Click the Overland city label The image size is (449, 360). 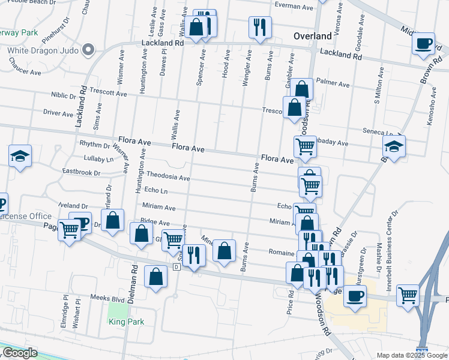[312, 36]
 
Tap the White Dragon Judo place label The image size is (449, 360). [43, 50]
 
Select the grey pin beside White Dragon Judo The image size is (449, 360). [88, 49]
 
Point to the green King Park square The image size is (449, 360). [119, 309]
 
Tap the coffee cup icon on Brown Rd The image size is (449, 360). [424, 44]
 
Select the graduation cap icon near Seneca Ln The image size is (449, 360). [394, 146]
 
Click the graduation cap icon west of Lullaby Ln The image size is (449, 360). [20, 156]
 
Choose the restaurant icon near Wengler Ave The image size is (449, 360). [260, 26]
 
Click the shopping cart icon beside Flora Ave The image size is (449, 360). [306, 146]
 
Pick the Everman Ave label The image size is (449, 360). [294, 8]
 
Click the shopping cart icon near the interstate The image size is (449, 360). [408, 295]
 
